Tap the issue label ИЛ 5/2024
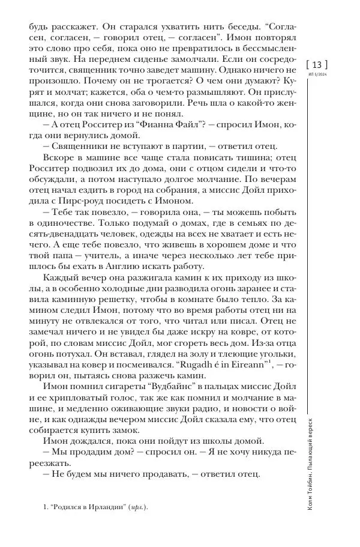click(317, 75)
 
